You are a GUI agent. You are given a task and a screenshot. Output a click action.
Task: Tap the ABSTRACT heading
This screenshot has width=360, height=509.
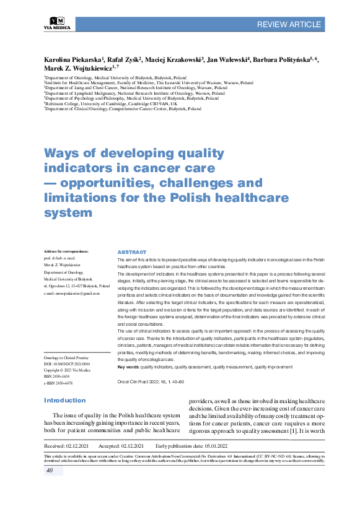[131, 253]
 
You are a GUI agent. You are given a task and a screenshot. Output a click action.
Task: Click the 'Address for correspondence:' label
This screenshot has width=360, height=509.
[67, 251]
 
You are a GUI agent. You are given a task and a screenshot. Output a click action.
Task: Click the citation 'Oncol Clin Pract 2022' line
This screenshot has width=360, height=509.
[151, 382]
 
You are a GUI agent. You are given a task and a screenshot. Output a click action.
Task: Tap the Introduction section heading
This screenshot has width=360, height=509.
[64, 401]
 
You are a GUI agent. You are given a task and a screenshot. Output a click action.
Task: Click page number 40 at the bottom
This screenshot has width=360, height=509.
[50, 471]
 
